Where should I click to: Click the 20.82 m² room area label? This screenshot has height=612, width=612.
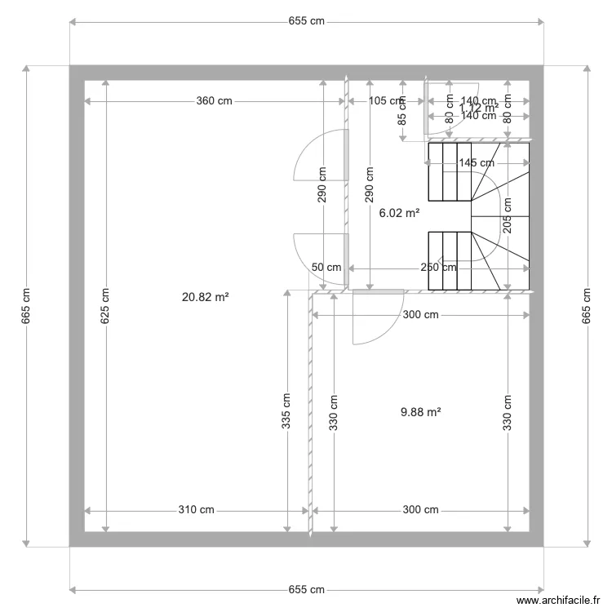[205, 298]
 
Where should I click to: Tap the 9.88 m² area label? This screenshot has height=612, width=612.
[421, 413]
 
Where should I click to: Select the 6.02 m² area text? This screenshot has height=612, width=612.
[400, 213]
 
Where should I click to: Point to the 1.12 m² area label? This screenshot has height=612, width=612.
[479, 108]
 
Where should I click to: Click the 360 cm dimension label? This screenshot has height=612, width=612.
[214, 101]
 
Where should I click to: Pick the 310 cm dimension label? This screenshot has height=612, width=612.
[196, 510]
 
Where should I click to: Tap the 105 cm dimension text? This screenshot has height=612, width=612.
[387, 101]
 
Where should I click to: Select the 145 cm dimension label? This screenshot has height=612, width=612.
[477, 162]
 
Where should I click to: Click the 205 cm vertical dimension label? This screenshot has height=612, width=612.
[508, 216]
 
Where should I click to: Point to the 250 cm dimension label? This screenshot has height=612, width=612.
[439, 268]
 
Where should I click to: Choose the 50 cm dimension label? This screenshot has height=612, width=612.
[326, 268]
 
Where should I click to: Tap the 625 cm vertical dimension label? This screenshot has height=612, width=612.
[104, 307]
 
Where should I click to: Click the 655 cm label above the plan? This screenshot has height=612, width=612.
[306, 22]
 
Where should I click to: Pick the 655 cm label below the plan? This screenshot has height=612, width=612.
[306, 589]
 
